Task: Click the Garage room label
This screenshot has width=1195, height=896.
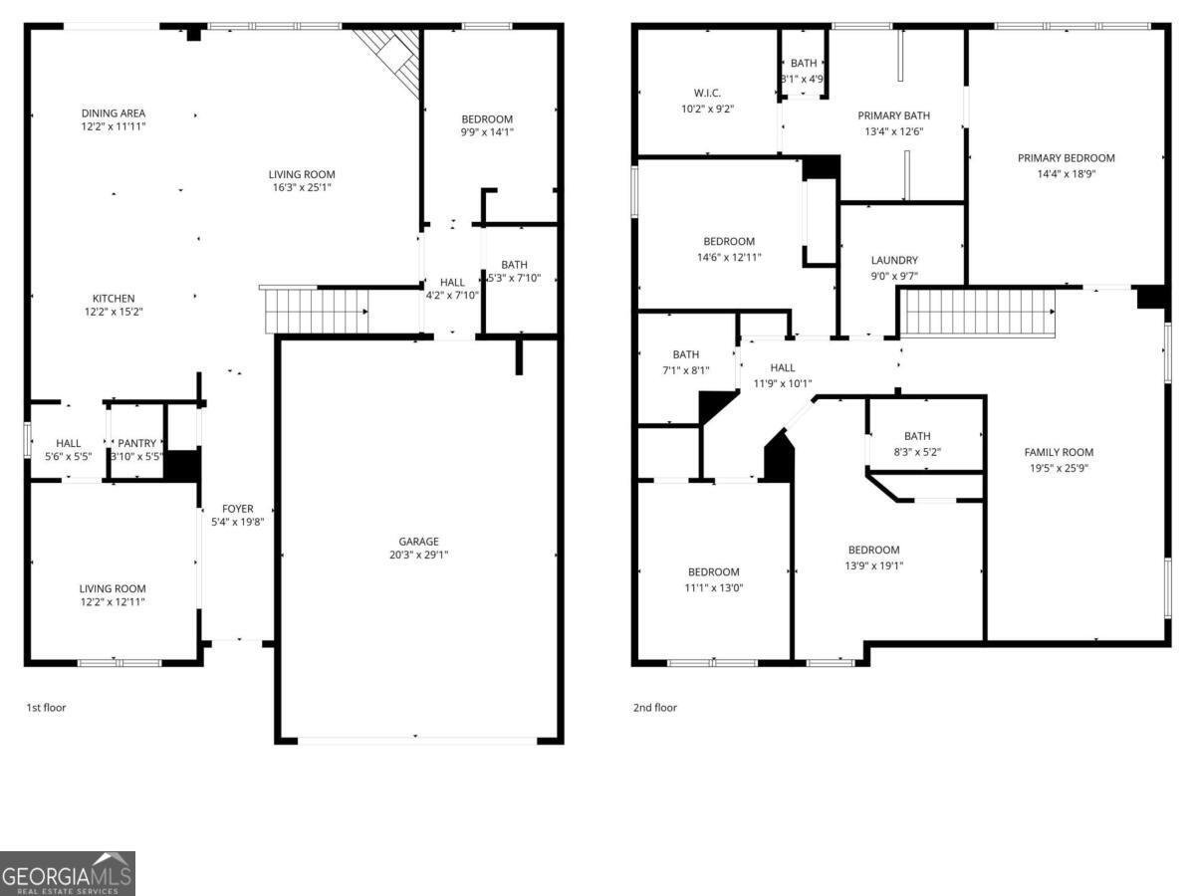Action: [418, 542]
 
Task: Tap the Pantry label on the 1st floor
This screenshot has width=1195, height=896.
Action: [137, 443]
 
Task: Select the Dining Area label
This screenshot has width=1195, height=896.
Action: [114, 113]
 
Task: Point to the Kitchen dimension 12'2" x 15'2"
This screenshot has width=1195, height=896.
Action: [114, 312]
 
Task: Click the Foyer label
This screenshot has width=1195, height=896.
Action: [237, 509]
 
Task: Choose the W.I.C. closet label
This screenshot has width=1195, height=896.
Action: [706, 94]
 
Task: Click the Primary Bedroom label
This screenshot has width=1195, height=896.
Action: [1066, 158]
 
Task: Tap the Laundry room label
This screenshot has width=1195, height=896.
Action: [894, 261]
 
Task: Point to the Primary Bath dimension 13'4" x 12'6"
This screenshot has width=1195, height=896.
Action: [893, 130]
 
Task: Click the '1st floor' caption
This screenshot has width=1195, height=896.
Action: [46, 708]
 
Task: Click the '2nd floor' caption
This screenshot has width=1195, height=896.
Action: [654, 708]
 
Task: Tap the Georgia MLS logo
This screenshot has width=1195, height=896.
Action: [68, 873]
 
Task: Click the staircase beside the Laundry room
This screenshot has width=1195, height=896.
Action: [976, 313]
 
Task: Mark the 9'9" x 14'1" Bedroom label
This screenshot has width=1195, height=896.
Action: [488, 119]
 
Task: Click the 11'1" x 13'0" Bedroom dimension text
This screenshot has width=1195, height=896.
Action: [714, 587]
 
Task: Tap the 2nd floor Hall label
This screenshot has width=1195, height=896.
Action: [783, 368]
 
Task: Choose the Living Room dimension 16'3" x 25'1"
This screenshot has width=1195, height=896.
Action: [302, 187]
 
